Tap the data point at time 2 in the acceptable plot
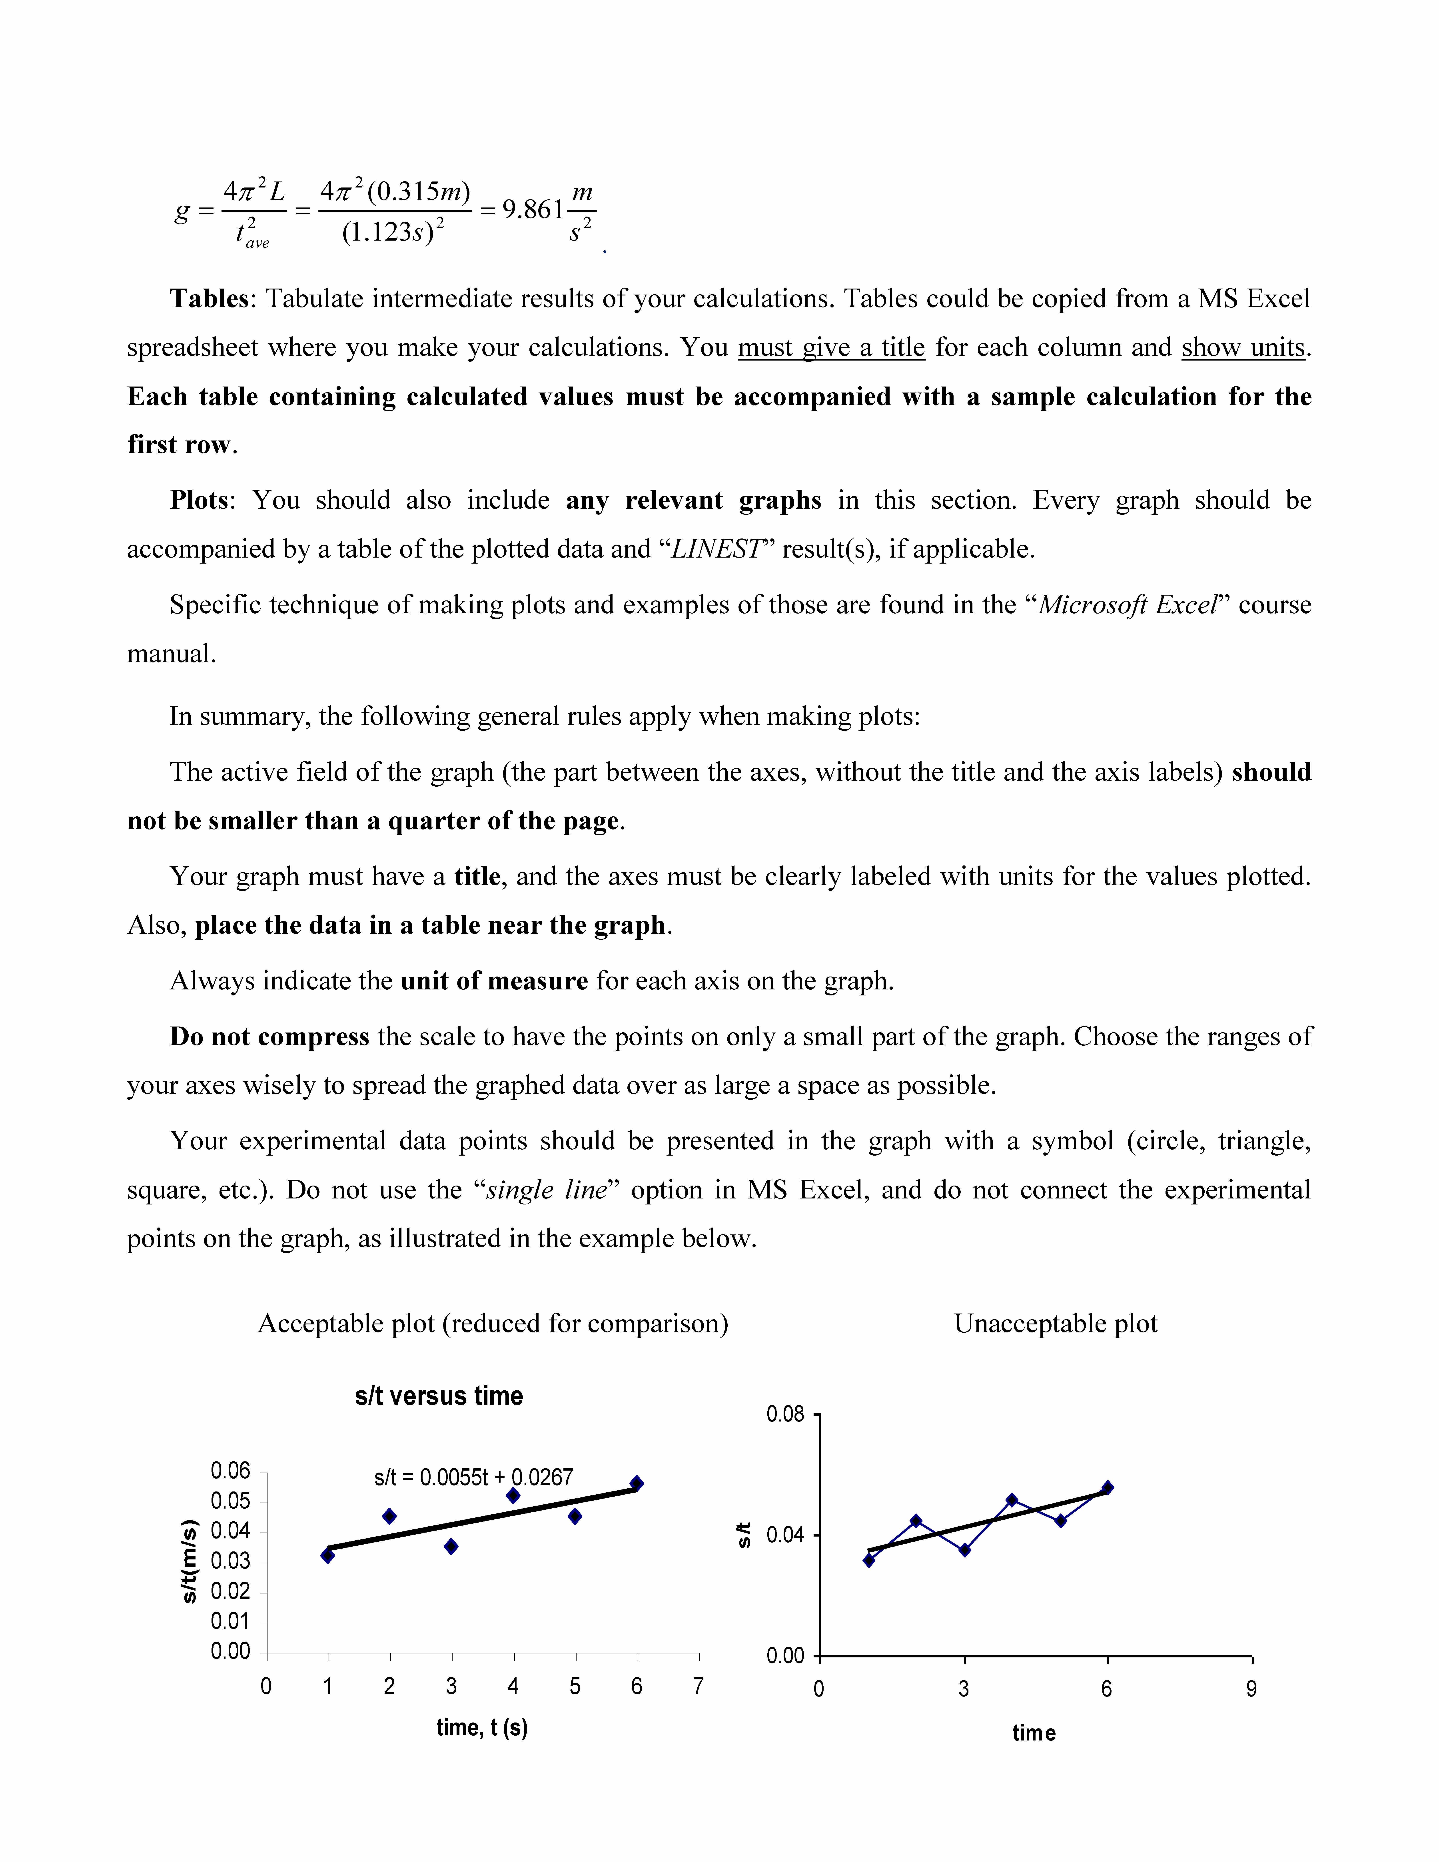click(x=390, y=1516)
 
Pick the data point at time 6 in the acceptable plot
click(x=637, y=1483)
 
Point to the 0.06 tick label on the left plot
click(x=230, y=1471)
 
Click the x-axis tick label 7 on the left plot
click(x=698, y=1686)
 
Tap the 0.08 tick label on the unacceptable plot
click(x=785, y=1414)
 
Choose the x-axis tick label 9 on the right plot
click(x=1251, y=1689)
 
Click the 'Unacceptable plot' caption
click(x=1055, y=1323)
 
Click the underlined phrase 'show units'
click(x=1243, y=348)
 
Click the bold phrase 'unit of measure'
click(x=494, y=981)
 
